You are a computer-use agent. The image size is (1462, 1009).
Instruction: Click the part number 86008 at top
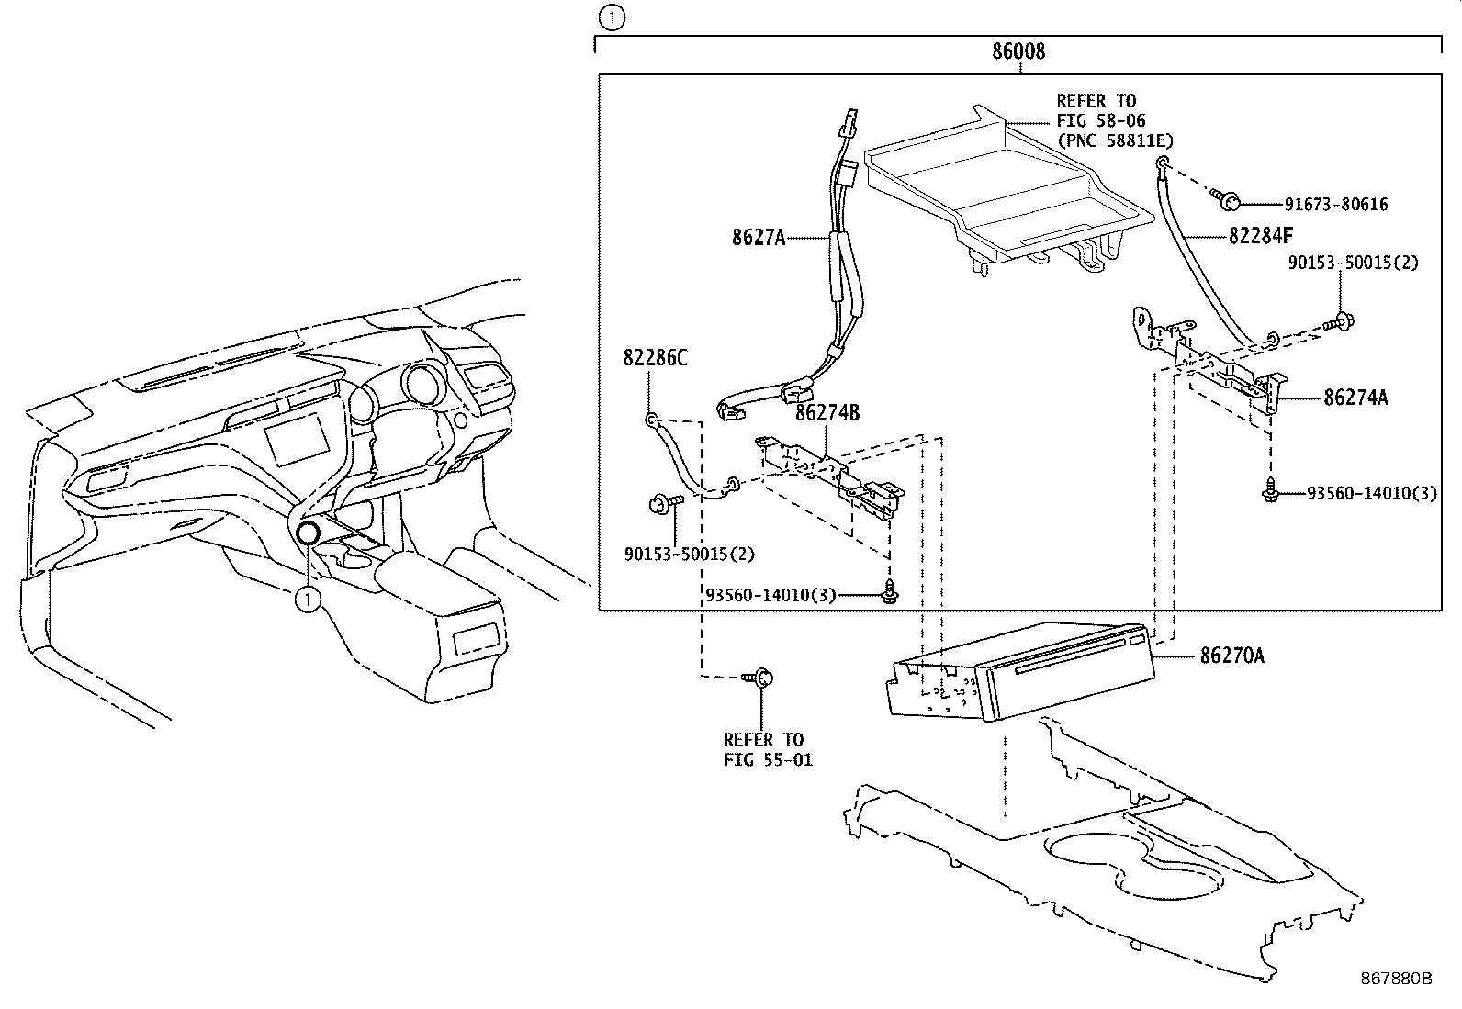(x=1018, y=51)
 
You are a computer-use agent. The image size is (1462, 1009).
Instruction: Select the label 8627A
(x=759, y=237)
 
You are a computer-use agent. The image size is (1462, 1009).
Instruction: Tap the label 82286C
(x=655, y=358)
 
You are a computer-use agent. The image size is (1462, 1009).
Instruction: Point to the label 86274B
(x=827, y=413)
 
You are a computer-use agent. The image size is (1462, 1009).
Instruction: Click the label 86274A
(x=1355, y=398)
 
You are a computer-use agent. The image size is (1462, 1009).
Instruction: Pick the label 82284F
(x=1260, y=236)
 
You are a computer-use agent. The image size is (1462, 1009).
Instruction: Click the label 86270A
(x=1231, y=656)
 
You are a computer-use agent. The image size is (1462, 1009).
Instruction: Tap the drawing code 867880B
(x=1396, y=978)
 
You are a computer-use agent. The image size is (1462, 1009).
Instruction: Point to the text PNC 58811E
(x=1115, y=140)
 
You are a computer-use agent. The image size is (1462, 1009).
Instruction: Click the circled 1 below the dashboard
(x=308, y=600)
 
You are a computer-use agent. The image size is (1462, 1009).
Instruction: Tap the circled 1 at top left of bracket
(x=612, y=16)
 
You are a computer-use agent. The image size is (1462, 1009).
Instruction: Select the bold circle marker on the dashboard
(x=308, y=533)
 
